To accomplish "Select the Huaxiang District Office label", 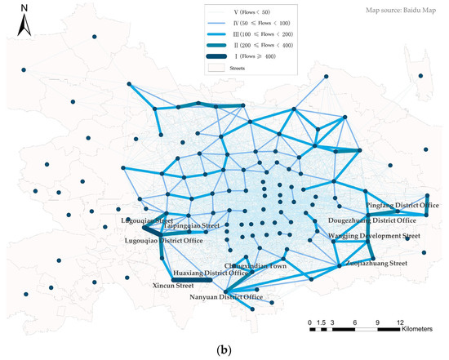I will click(211, 273).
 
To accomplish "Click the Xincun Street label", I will click(172, 287).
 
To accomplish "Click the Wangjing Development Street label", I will click(374, 236).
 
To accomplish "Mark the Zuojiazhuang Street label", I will click(376, 264).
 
